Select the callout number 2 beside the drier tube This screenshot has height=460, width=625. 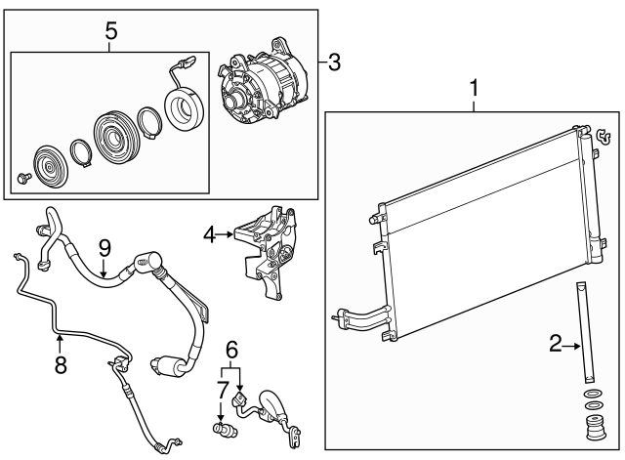[x=554, y=343]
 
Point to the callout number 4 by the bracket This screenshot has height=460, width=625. [x=209, y=233]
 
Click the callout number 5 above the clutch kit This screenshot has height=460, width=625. [x=110, y=31]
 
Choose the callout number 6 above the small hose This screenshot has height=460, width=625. [x=231, y=350]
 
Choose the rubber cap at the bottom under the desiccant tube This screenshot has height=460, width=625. [x=592, y=430]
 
